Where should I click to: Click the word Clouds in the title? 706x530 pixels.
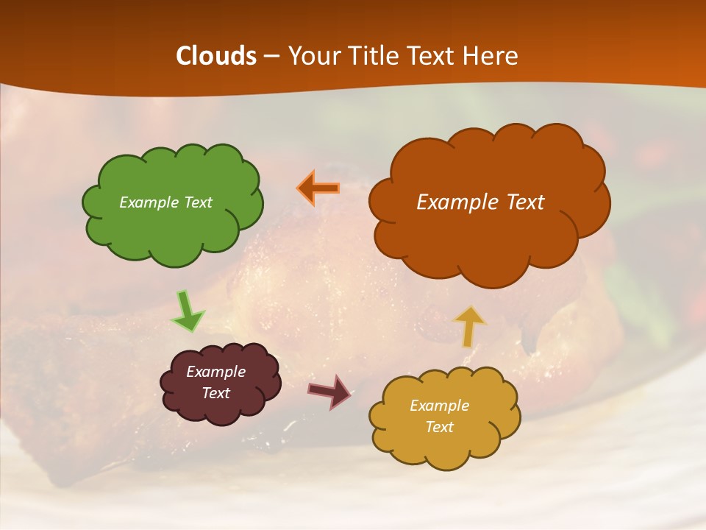[x=216, y=56]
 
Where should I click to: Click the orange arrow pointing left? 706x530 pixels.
[x=318, y=188]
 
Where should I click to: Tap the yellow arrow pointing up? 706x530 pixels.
[x=469, y=326]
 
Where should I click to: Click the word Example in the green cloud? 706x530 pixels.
[x=148, y=202]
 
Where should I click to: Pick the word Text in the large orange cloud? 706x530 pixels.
[x=525, y=202]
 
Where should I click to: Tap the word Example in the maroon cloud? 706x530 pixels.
[x=215, y=372]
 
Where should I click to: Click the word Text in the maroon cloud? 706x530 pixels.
[x=215, y=393]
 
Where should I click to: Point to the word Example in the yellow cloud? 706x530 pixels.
[x=439, y=406]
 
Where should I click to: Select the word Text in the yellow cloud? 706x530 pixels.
[x=439, y=427]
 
